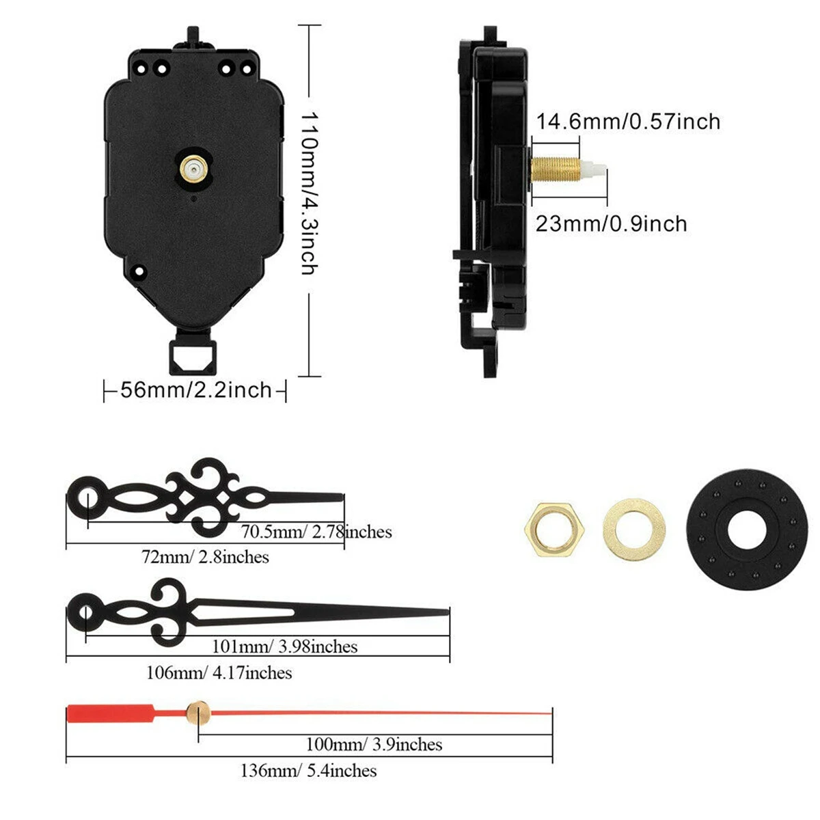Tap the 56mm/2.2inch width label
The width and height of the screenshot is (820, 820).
tap(196, 390)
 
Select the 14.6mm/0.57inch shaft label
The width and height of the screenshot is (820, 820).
tap(628, 122)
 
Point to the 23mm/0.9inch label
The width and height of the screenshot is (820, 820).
tap(611, 224)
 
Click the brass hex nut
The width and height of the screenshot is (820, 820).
tap(553, 528)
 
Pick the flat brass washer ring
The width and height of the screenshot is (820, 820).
tap(634, 528)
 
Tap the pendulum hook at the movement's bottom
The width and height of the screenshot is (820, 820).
tap(195, 354)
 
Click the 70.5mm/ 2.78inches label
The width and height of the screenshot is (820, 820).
tap(316, 532)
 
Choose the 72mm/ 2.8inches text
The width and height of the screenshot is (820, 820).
tap(205, 557)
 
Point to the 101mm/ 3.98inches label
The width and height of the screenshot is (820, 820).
tap(284, 646)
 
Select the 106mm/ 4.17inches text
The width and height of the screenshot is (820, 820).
tap(219, 673)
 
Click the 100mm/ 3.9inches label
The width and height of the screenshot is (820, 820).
tap(373, 744)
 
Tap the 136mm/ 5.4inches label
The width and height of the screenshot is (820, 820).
tap(308, 771)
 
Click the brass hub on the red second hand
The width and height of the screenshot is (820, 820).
tap(197, 711)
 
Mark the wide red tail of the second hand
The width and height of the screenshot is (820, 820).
tap(109, 713)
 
